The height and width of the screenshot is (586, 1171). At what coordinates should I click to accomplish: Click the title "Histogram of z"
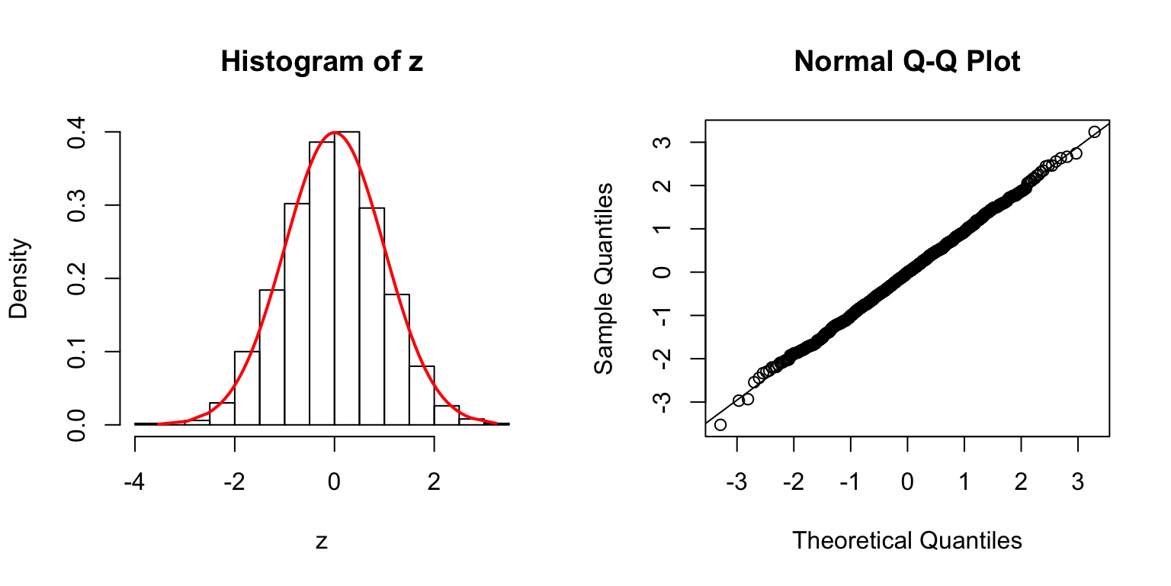pyautogui.click(x=321, y=62)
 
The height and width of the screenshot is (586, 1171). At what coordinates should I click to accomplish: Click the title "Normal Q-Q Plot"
pyautogui.click(x=906, y=62)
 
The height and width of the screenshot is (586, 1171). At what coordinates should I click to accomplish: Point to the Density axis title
pyautogui.click(x=19, y=278)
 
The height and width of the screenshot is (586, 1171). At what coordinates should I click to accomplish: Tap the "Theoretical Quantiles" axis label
pyautogui.click(x=906, y=540)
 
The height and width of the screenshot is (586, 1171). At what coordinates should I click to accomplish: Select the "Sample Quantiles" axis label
pyautogui.click(x=604, y=278)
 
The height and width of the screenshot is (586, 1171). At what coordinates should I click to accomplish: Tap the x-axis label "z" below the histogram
pyautogui.click(x=322, y=541)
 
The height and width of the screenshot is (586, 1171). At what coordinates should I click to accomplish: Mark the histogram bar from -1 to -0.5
pyautogui.click(x=297, y=314)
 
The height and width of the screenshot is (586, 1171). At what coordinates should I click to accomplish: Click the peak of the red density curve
pyautogui.click(x=334, y=133)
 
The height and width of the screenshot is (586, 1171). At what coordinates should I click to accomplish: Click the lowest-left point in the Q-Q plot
pyautogui.click(x=720, y=424)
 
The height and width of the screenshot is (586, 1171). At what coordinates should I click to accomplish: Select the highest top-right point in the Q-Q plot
pyautogui.click(x=1094, y=132)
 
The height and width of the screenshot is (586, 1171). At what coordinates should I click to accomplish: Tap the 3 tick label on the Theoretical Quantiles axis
pyautogui.click(x=1077, y=481)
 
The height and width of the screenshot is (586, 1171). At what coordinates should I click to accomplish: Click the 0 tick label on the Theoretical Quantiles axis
pyautogui.click(x=907, y=481)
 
